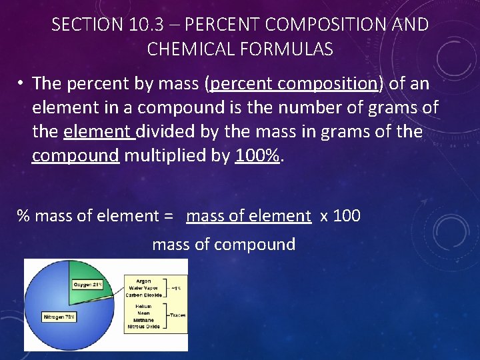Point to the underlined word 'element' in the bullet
(x=99, y=131)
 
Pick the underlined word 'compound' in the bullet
(x=75, y=155)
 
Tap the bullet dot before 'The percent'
(x=22, y=83)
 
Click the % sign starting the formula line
(x=24, y=215)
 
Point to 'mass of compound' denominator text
(x=223, y=245)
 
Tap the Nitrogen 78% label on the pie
(x=59, y=317)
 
